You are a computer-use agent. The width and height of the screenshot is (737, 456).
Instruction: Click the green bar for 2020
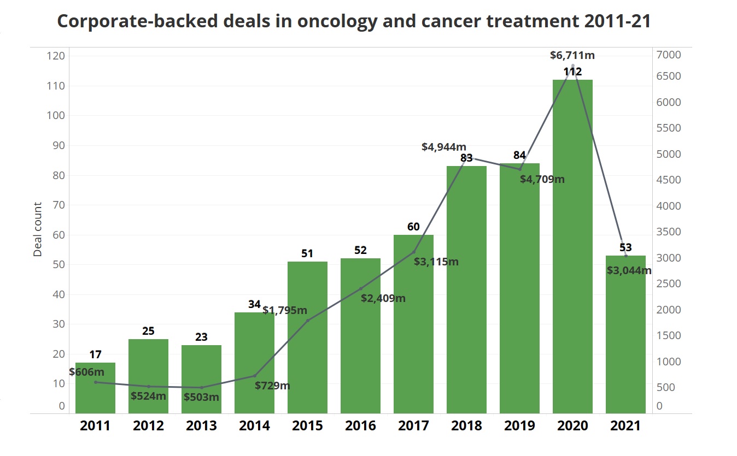pos(572,246)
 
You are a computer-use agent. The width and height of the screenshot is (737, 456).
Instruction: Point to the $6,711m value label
pos(572,55)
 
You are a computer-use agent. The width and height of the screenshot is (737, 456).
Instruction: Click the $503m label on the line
pos(201,397)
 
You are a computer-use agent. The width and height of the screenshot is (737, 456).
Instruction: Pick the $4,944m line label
pos(444,146)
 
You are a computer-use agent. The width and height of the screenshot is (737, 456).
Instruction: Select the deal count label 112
pos(572,72)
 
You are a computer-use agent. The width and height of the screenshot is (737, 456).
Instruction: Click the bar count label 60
pos(413,227)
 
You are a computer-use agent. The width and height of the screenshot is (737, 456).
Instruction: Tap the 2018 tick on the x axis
pos(466,426)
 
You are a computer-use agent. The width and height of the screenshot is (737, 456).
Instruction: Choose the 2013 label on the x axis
pos(201,426)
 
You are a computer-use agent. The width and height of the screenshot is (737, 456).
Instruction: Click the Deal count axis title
pos(38,229)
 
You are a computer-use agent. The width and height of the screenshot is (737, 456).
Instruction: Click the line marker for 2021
pos(626,256)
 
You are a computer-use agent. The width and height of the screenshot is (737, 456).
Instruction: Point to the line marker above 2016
pos(360,288)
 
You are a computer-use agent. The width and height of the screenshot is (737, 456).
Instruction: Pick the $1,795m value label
pos(285,310)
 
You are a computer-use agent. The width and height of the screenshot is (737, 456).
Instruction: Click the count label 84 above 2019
pos(519,155)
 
